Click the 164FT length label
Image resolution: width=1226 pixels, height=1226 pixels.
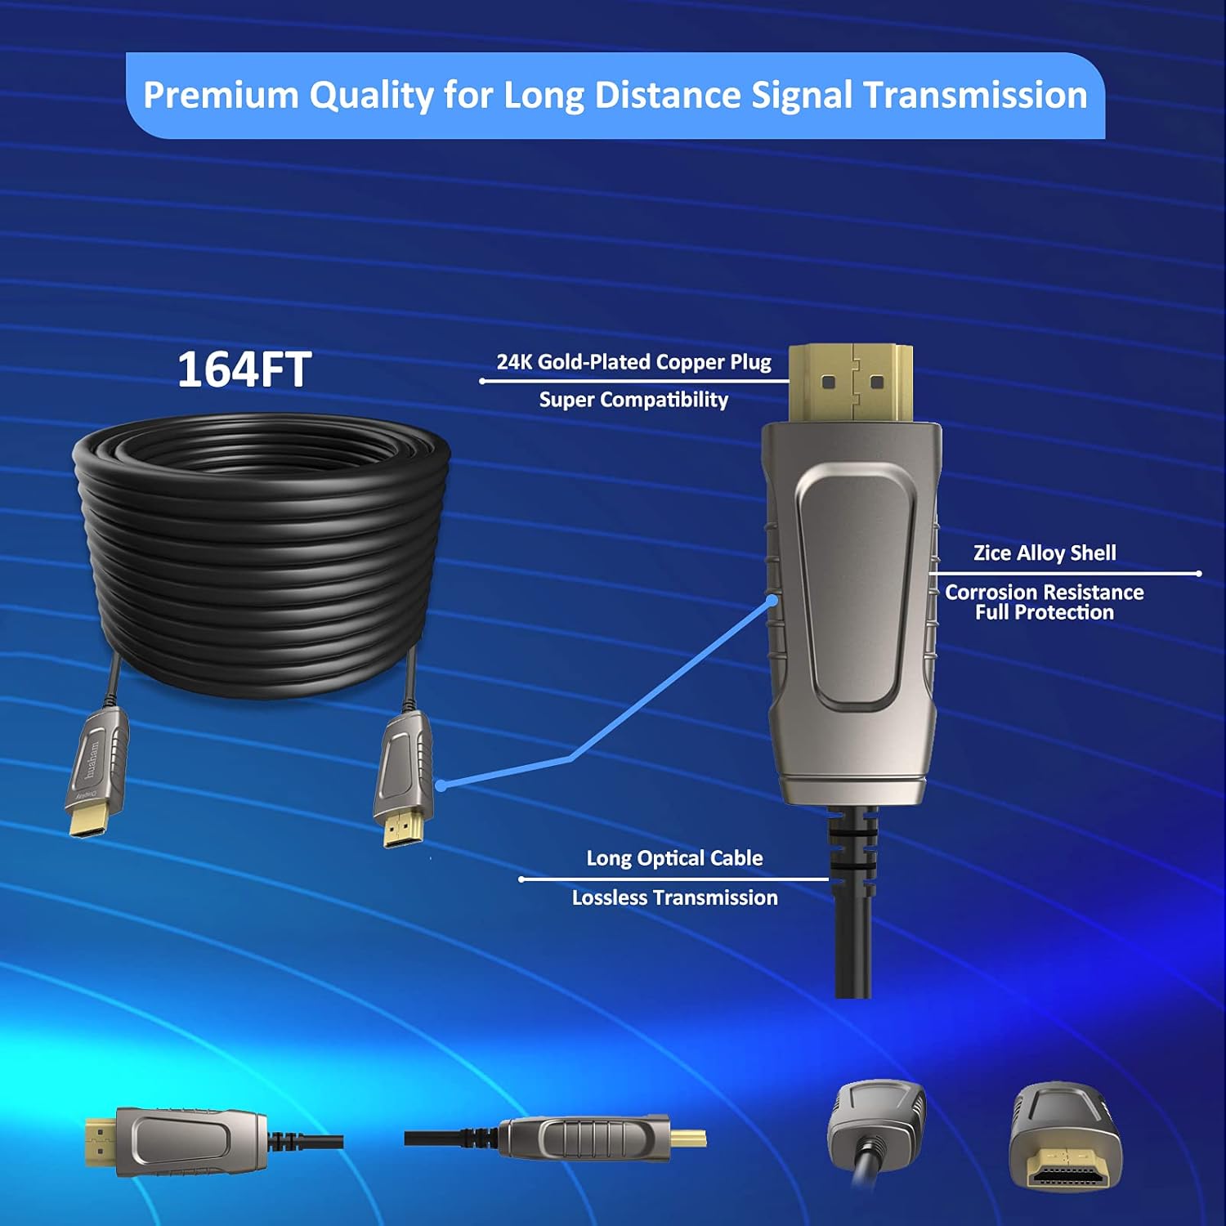pyautogui.click(x=244, y=369)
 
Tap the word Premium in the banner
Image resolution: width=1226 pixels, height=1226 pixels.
pyautogui.click(x=221, y=95)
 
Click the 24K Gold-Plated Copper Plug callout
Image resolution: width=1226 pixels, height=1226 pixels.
pyautogui.click(x=633, y=362)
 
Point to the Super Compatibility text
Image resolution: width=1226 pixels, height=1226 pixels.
pyautogui.click(x=633, y=400)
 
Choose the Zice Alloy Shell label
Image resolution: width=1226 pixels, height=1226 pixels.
pyautogui.click(x=1044, y=553)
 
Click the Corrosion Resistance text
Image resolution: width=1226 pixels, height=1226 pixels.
pyautogui.click(x=1044, y=592)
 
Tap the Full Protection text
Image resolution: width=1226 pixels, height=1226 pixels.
pyautogui.click(x=1044, y=613)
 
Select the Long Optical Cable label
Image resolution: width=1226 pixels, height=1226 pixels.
pyautogui.click(x=674, y=858)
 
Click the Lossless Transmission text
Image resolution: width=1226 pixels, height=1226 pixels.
pyautogui.click(x=674, y=897)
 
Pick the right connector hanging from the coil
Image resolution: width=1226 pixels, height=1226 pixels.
pyautogui.click(x=404, y=776)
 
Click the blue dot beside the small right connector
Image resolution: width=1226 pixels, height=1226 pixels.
pyautogui.click(x=441, y=785)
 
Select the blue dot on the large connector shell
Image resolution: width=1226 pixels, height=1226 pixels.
pyautogui.click(x=772, y=601)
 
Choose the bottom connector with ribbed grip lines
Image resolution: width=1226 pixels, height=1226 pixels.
pyautogui.click(x=584, y=1139)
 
